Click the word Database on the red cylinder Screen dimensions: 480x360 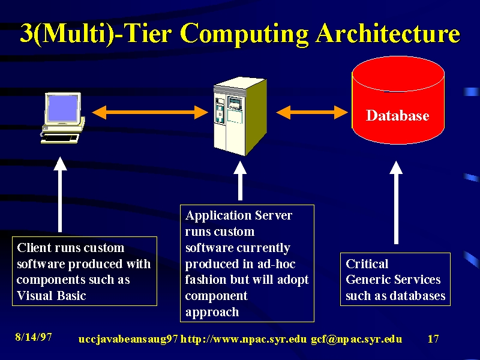[x=397, y=115]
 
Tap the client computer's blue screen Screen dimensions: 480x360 [x=62, y=108]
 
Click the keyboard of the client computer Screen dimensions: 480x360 [x=60, y=139]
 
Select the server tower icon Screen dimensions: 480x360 [x=240, y=116]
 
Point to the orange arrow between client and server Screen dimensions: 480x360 [x=150, y=112]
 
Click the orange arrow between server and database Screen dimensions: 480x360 [x=312, y=112]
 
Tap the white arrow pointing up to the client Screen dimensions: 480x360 [x=60, y=194]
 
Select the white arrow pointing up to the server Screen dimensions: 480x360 [x=240, y=181]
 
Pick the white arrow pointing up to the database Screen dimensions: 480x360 [x=396, y=203]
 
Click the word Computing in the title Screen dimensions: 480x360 [x=244, y=34]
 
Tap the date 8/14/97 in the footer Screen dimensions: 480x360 [x=34, y=337]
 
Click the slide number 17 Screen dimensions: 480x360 [x=433, y=338]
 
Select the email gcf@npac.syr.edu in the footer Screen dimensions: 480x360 [x=356, y=339]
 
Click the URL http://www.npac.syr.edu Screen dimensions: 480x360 [x=244, y=339]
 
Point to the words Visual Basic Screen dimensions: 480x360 [x=52, y=296]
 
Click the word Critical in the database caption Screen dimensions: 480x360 [x=367, y=264]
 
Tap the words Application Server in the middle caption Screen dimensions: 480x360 [x=239, y=216]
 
